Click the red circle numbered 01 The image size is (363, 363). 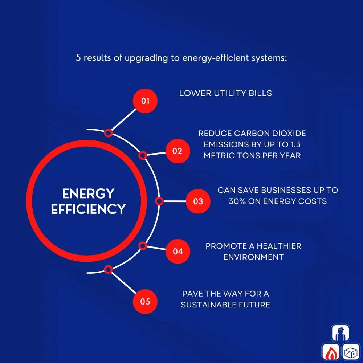point(145,101)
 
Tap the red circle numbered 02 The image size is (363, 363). point(178,151)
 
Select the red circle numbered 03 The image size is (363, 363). point(198,201)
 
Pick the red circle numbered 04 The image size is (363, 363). point(178,251)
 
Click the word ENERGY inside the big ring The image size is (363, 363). point(88,194)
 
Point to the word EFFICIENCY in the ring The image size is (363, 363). point(88,209)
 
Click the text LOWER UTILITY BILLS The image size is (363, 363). point(225,93)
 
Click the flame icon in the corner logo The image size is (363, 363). point(331,352)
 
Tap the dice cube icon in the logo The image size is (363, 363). point(351,352)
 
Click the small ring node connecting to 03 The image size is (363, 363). point(159,201)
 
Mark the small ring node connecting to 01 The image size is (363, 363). point(108,133)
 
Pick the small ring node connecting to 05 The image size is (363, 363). point(108,269)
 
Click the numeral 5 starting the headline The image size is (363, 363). point(78,58)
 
